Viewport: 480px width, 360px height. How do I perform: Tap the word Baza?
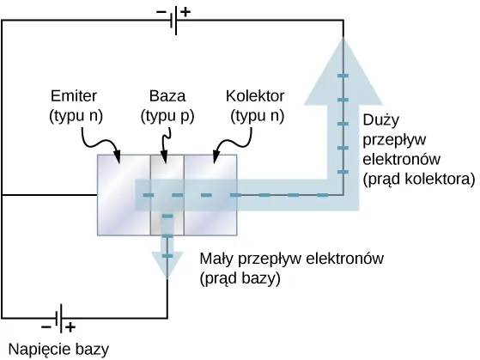pos(167,95)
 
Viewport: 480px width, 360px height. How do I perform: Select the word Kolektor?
pos(255,95)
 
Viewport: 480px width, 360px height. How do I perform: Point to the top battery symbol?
pos(173,22)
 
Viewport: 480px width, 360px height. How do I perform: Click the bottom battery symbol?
pos(58,318)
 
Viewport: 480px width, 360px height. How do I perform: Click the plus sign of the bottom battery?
pos(70,327)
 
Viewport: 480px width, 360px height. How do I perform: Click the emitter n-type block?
pos(124,195)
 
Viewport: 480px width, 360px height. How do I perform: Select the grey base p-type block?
pos(167,195)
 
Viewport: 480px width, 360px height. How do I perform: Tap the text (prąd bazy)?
pos(240,278)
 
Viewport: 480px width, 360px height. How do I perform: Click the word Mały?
pos(216,258)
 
